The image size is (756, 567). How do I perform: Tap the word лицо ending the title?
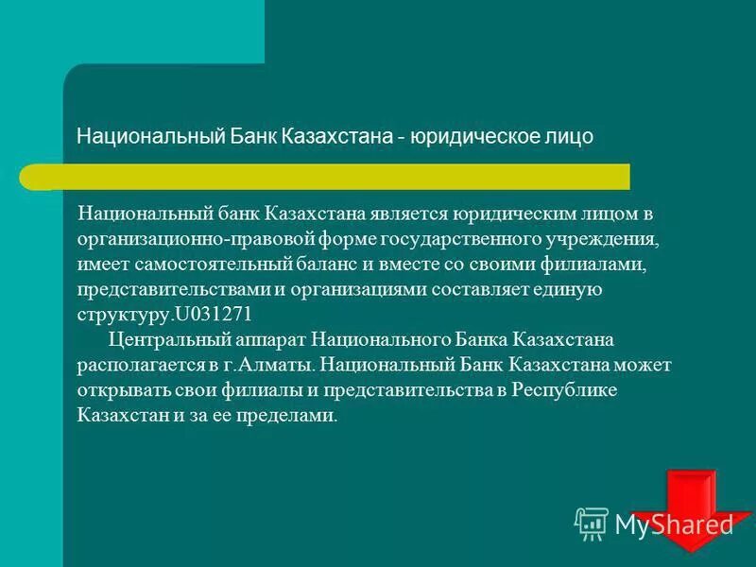click(x=566, y=137)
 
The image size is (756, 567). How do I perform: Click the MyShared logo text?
click(x=674, y=524)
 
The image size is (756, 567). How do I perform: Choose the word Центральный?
click(x=163, y=337)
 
